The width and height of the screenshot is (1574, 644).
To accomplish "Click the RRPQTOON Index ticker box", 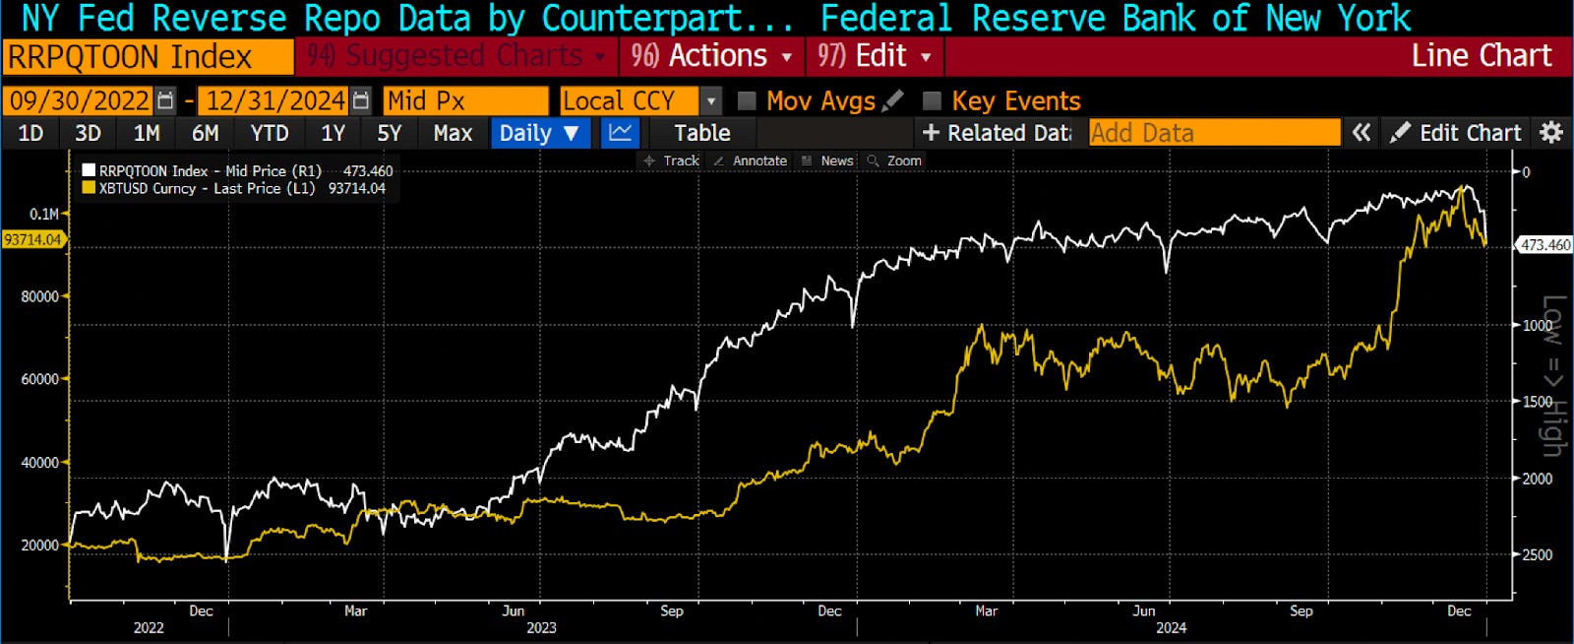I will [x=148, y=57].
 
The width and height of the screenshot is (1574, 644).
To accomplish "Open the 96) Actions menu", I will [x=711, y=56].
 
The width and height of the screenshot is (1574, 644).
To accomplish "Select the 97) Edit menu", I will [x=874, y=56].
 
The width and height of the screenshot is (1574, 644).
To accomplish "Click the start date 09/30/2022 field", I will [x=80, y=100].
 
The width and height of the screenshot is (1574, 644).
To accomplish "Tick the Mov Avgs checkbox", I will [x=747, y=100].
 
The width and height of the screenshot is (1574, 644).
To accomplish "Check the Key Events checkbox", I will [x=933, y=100].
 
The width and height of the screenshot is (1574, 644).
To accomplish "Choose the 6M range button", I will [x=205, y=133].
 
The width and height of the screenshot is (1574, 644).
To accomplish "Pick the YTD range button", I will [x=269, y=133].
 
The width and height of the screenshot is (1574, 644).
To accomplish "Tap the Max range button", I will [x=453, y=133].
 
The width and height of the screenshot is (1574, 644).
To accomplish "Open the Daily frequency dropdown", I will [x=539, y=133].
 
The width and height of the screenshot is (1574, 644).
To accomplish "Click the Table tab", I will [x=701, y=133].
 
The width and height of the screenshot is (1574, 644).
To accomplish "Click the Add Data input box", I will [x=1214, y=133].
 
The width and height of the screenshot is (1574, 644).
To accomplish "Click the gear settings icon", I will [x=1551, y=133].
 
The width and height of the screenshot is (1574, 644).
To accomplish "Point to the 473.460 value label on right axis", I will [x=1544, y=244].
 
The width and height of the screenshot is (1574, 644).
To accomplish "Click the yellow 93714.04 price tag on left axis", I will [x=32, y=239].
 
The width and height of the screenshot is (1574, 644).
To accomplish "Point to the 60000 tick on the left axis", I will [x=40, y=379].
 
